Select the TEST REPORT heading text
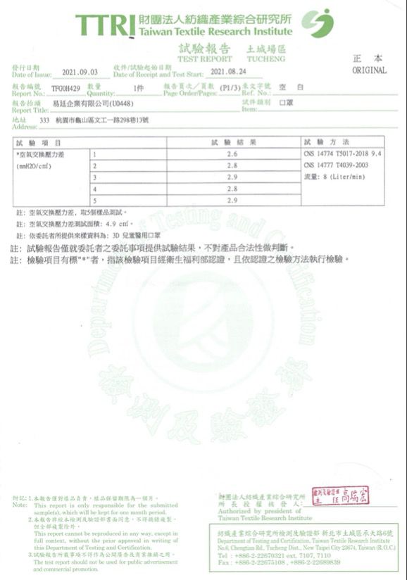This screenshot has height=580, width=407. (205, 59)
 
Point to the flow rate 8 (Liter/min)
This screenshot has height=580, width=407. (334, 177)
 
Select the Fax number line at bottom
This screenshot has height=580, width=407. (280, 562)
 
